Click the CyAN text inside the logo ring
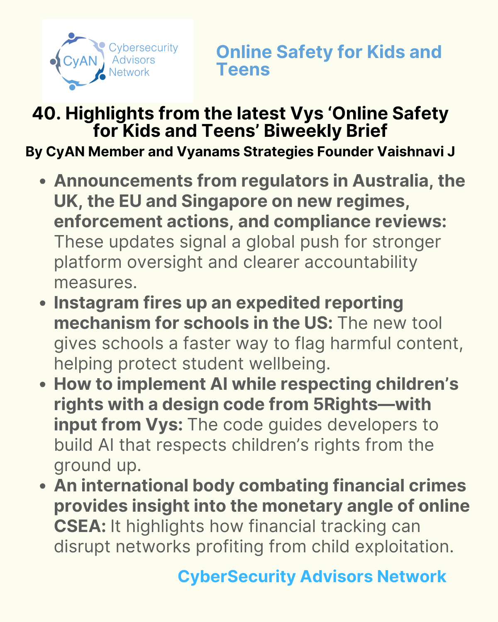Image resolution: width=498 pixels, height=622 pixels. click(x=80, y=61)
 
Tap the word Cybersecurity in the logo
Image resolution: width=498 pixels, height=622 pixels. click(x=143, y=48)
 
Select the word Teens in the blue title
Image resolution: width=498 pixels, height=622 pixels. click(x=243, y=69)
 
